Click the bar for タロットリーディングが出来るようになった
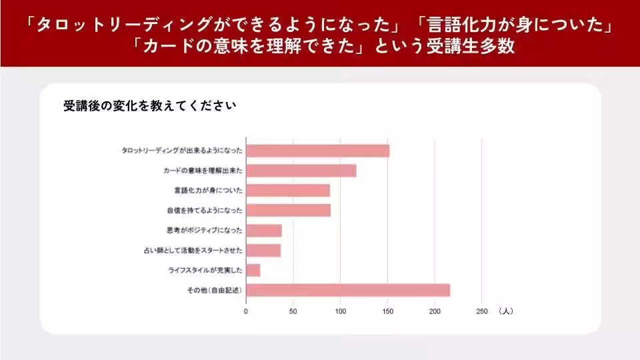click(317, 151)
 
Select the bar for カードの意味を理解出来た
click(301, 171)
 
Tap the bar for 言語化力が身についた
click(287, 191)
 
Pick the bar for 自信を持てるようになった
click(288, 211)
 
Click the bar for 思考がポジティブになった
click(263, 231)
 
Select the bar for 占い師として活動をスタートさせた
click(263, 251)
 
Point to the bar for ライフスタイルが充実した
click(253, 271)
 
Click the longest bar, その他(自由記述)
click(347, 291)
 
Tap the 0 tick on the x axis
click(246, 311)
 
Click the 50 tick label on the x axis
click(293, 311)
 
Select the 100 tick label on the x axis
click(340, 311)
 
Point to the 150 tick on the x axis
click(387, 311)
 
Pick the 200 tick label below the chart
click(435, 311)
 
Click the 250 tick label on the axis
click(482, 311)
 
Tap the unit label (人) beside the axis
click(505, 311)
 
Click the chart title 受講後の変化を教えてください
click(149, 106)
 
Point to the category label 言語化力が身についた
click(207, 191)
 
